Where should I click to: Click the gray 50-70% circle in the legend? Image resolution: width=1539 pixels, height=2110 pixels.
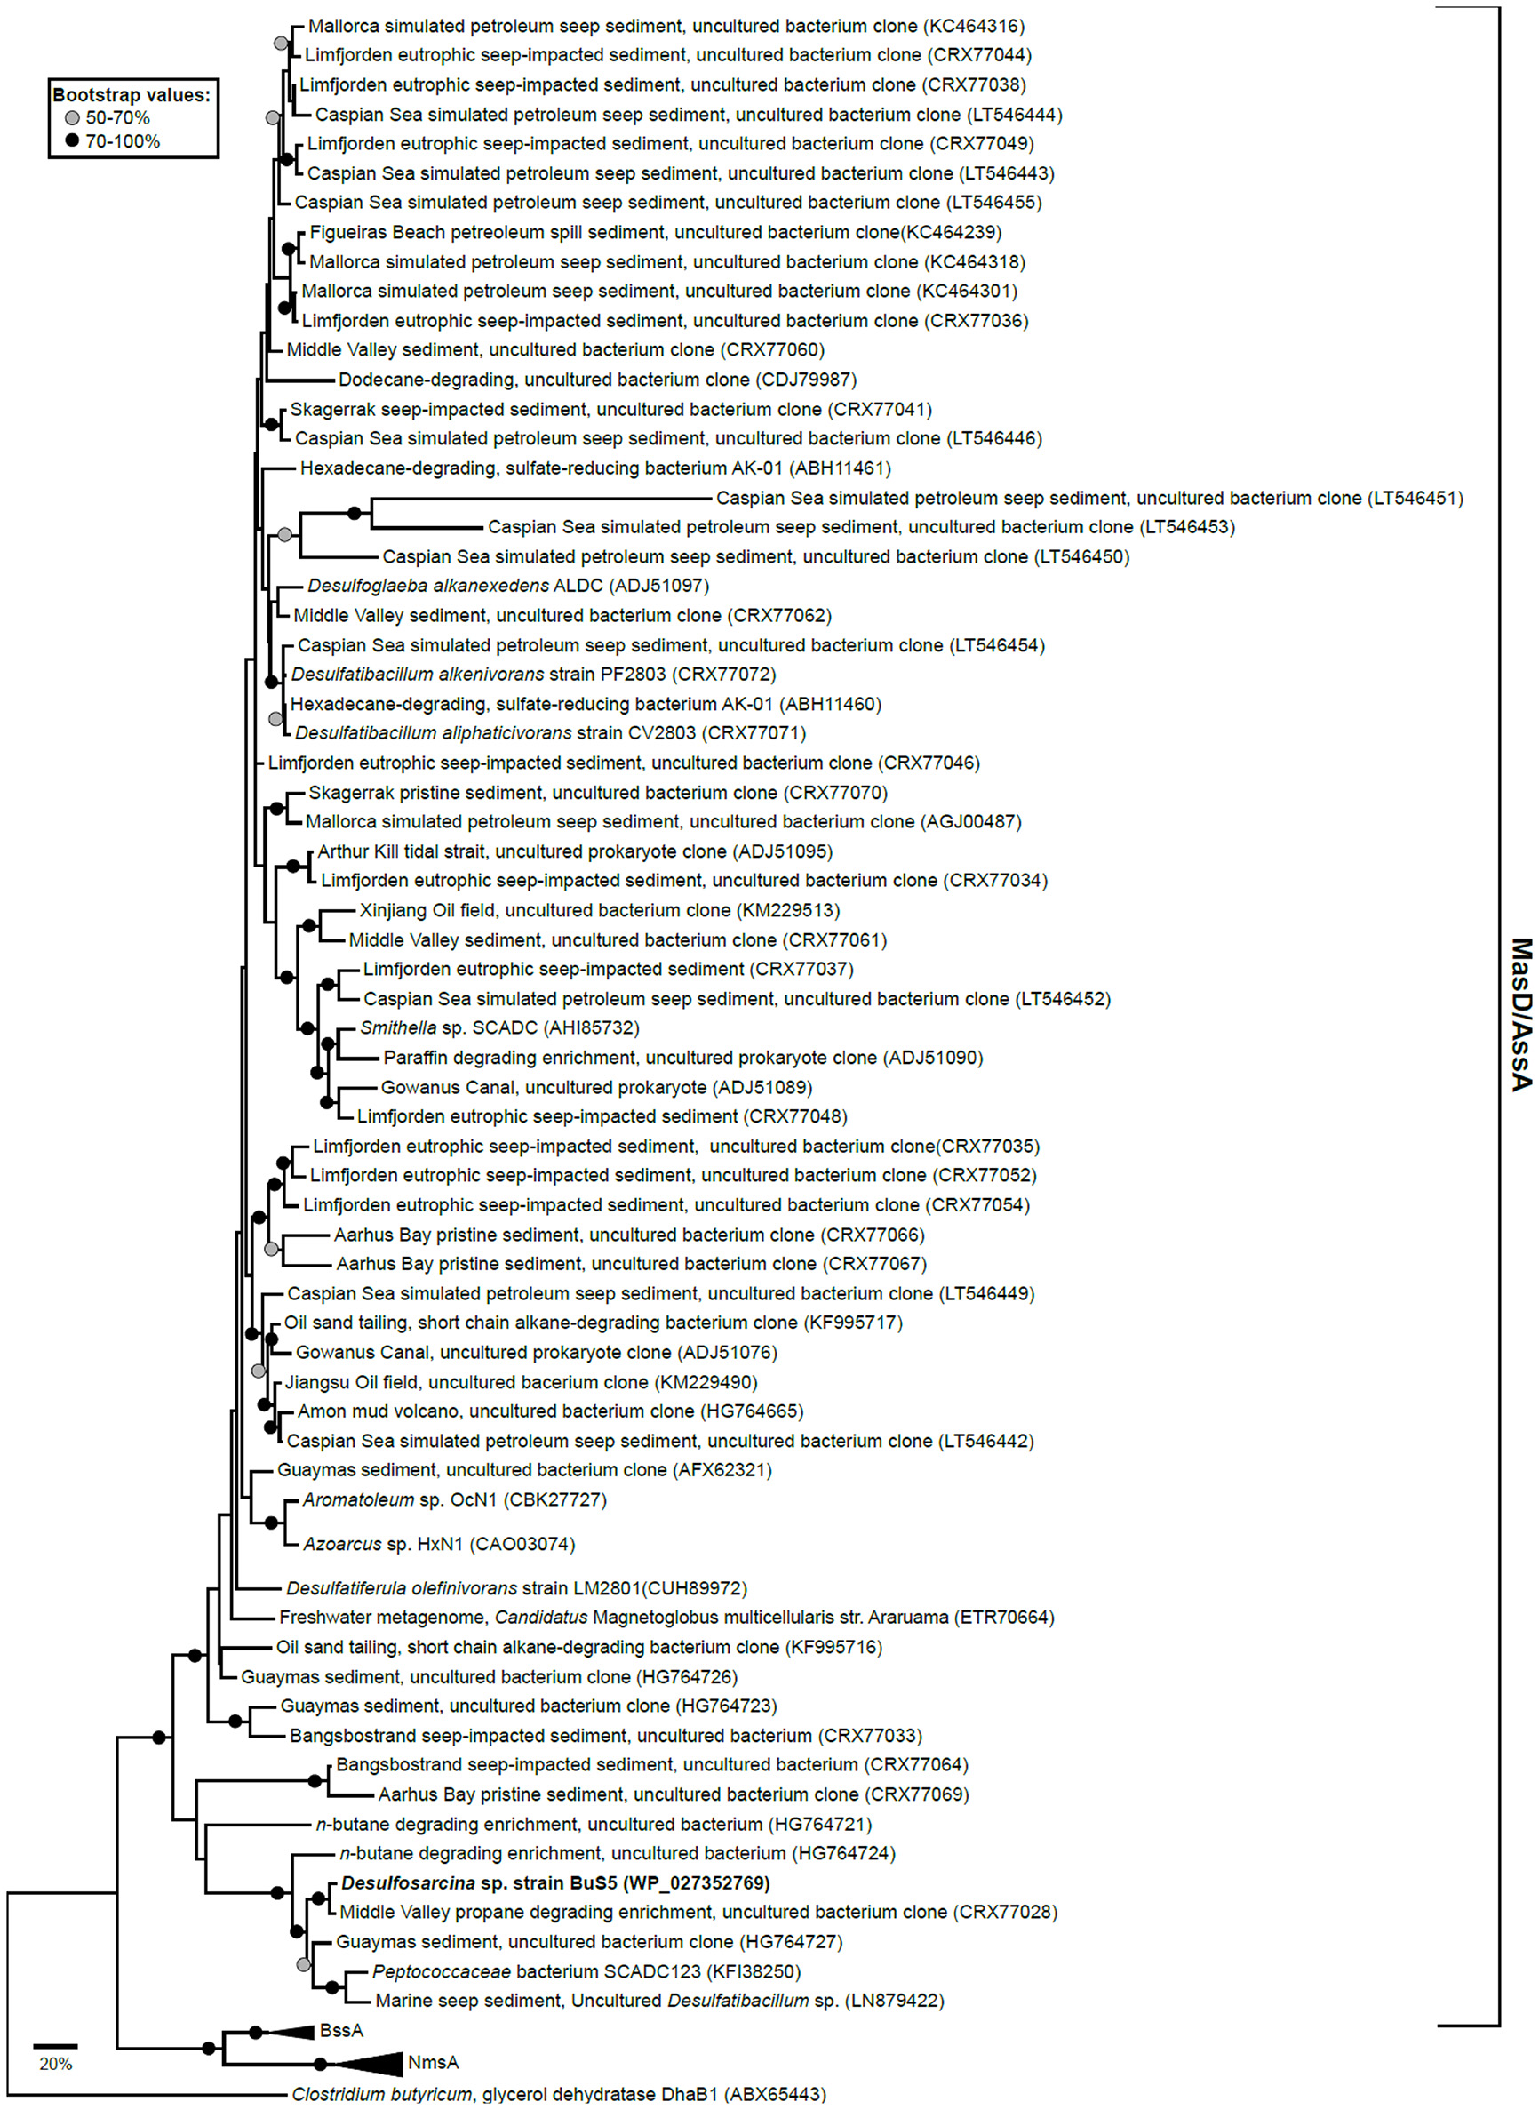click(72, 118)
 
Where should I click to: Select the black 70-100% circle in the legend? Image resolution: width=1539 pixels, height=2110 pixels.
click(72, 141)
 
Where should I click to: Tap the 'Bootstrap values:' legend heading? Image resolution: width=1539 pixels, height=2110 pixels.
click(132, 95)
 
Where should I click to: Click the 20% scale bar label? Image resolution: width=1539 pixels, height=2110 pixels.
click(56, 2064)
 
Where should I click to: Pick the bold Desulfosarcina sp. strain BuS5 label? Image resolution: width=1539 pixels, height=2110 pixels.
click(555, 1882)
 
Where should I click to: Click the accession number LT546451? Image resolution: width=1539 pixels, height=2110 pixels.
click(1415, 499)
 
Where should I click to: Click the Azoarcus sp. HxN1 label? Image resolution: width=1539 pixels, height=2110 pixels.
click(439, 1544)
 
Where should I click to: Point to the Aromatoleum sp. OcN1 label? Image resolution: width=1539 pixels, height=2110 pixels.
click(454, 1499)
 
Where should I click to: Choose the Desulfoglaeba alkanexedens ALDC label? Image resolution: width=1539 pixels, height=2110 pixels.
click(507, 586)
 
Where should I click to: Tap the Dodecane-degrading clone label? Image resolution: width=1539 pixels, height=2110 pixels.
click(596, 380)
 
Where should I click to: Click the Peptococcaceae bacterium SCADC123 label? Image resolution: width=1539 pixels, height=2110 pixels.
click(586, 1971)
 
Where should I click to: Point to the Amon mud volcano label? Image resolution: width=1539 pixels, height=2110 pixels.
click(550, 1411)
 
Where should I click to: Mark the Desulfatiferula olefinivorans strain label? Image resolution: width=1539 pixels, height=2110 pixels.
click(516, 1588)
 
